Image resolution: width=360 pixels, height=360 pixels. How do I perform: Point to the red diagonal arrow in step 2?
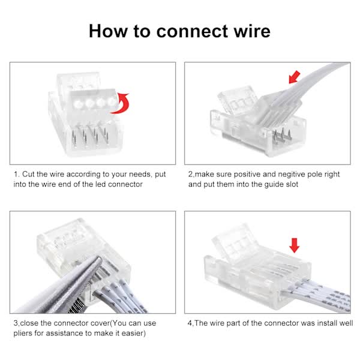point(295,77)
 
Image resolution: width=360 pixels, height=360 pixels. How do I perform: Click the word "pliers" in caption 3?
point(25,332)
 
